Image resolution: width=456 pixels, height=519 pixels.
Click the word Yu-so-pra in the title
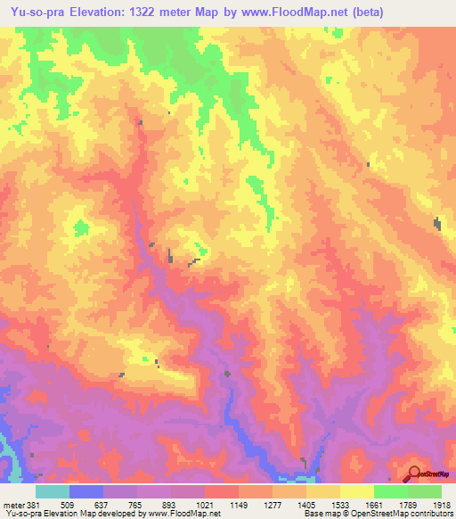(x=35, y=12)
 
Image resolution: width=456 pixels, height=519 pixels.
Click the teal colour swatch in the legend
(x=53, y=492)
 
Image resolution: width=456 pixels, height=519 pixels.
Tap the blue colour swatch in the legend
(x=86, y=492)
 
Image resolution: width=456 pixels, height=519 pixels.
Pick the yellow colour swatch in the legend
(x=357, y=492)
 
